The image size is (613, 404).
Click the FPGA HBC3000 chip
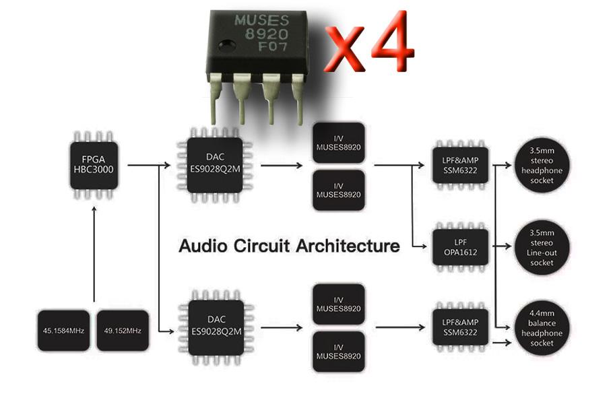point(94,165)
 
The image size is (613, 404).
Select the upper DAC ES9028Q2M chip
point(215,165)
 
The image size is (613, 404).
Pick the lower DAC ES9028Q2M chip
point(216,327)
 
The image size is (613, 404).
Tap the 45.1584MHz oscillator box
point(63,331)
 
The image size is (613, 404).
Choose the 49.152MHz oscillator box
point(123,331)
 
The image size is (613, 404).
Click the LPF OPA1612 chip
point(460,247)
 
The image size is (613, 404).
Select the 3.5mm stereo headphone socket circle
point(542,165)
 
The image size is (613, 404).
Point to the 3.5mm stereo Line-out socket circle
point(542,247)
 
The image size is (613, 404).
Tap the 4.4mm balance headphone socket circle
point(542,328)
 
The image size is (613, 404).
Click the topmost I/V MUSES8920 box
point(339,143)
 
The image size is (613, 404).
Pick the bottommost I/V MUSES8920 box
point(339,351)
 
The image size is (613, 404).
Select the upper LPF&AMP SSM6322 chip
point(460,165)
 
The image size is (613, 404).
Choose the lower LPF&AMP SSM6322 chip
point(460,327)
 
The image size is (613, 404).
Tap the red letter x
point(344,50)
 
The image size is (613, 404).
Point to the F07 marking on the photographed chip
point(273,46)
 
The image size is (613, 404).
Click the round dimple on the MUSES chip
point(227,46)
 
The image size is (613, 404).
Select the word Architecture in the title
point(348,246)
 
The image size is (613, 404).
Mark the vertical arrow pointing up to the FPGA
point(94,254)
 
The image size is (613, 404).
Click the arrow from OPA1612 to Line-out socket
point(502,246)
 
